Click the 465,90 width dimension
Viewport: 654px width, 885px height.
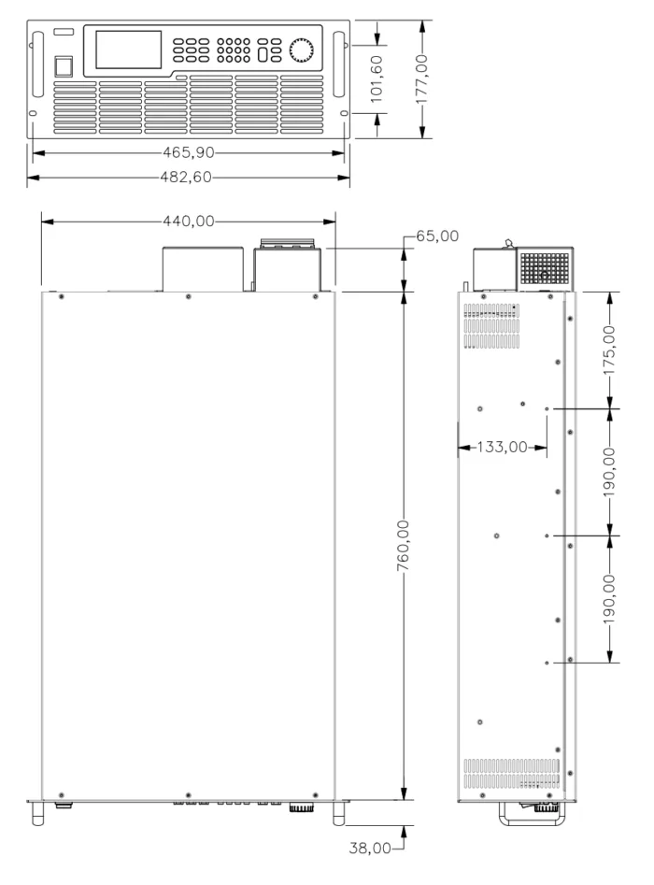[x=189, y=152]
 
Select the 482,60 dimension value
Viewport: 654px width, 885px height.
[x=186, y=178]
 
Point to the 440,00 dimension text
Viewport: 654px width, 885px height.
[x=189, y=221]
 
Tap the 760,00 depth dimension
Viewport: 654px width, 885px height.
[x=403, y=545]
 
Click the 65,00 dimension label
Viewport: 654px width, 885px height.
[x=437, y=236]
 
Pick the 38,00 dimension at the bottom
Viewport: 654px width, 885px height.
[x=370, y=848]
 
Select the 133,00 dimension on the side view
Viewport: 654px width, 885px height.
[x=503, y=447]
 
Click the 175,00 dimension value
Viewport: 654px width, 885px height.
[x=609, y=350]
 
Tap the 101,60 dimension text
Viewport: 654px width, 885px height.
[x=377, y=79]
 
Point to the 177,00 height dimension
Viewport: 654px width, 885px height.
[x=421, y=79]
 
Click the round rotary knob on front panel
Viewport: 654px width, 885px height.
[x=301, y=50]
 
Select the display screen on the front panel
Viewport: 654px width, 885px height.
[x=129, y=50]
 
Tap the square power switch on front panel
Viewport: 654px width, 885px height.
[x=64, y=66]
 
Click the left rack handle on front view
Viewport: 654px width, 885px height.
[x=37, y=64]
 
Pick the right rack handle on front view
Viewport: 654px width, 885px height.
[x=338, y=64]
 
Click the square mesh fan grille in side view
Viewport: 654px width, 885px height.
[x=545, y=268]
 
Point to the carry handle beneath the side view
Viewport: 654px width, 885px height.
[x=531, y=816]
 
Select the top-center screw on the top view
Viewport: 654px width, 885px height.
[x=189, y=297]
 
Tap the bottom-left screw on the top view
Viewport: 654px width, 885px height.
[x=62, y=795]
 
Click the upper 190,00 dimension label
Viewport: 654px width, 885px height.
[x=609, y=472]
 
